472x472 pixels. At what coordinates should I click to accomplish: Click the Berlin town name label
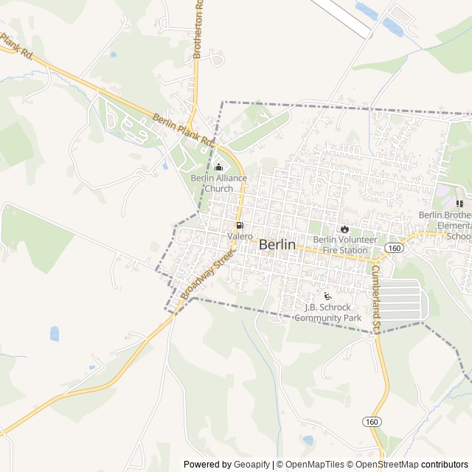click(277, 245)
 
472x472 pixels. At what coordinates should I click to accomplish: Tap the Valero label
click(240, 236)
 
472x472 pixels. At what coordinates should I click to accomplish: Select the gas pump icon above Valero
click(239, 225)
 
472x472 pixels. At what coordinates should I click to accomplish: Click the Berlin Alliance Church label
click(219, 183)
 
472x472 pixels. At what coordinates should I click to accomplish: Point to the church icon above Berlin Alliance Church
click(218, 167)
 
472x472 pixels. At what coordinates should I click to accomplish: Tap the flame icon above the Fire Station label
click(344, 229)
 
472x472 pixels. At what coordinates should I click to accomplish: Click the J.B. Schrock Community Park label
click(327, 313)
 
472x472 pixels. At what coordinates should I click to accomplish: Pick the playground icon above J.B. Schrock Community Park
click(327, 296)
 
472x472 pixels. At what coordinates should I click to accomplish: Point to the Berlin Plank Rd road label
click(182, 128)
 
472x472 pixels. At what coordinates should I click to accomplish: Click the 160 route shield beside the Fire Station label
click(395, 249)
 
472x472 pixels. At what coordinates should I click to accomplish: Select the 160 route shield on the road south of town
click(371, 421)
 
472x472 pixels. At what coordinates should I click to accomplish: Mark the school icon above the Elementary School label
click(459, 204)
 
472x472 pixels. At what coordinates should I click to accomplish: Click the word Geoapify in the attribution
click(251, 465)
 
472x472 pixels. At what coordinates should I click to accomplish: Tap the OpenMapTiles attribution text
click(313, 465)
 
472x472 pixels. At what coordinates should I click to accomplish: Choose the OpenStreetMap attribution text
click(387, 465)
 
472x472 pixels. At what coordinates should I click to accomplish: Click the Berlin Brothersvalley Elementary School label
click(445, 226)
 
